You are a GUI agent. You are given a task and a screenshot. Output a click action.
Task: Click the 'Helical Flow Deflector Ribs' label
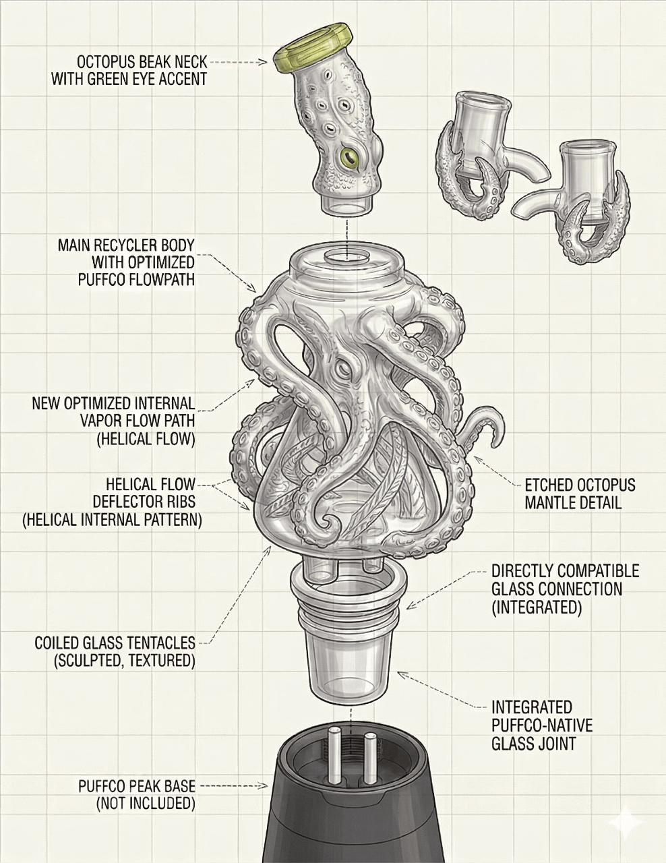[x=111, y=502]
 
